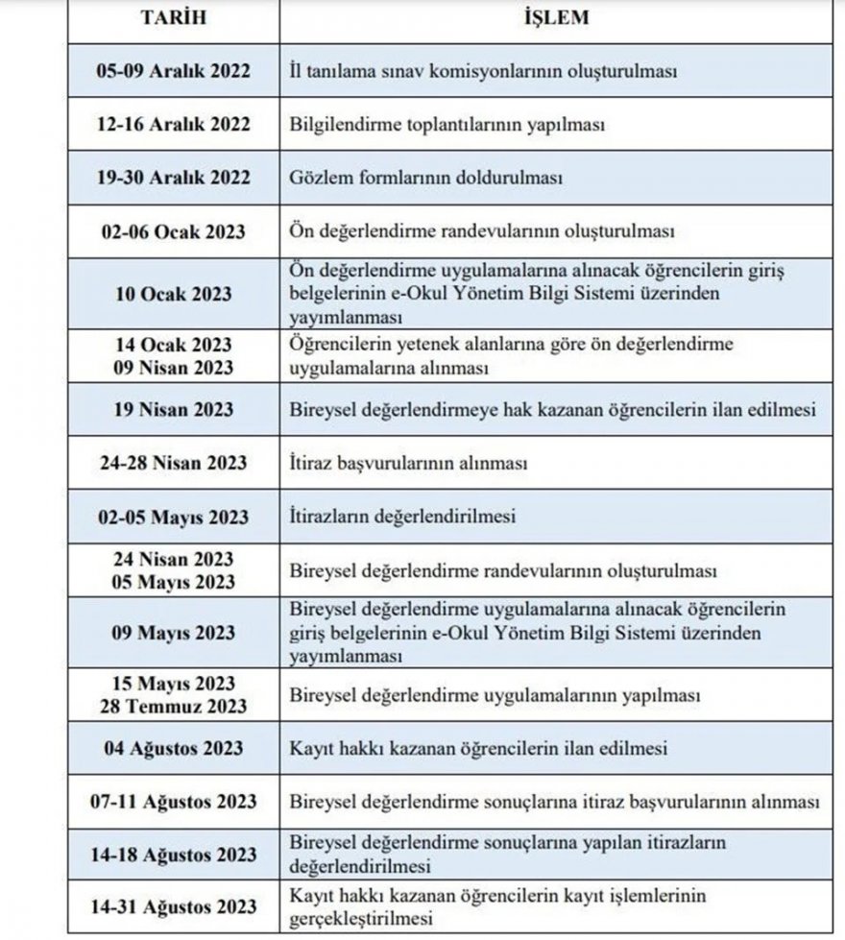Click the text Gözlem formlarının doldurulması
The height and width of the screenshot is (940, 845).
pos(425,179)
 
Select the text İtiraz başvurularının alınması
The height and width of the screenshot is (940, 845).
pos(410,464)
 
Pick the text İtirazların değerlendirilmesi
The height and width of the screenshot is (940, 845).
pos(403,517)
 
